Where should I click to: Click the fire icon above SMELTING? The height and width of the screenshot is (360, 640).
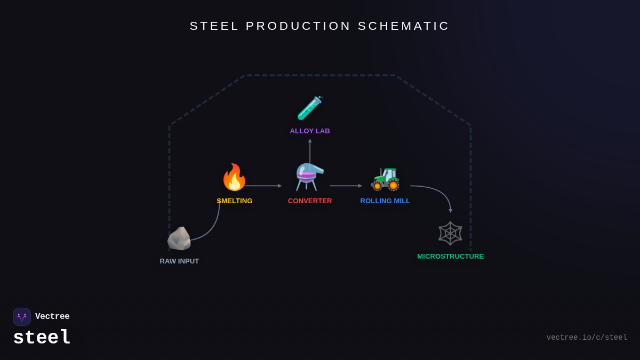click(x=234, y=178)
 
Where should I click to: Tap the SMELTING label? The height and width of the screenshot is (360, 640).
click(x=235, y=201)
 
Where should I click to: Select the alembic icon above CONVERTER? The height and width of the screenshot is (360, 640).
click(x=310, y=177)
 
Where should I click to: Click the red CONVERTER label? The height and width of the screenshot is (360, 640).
click(x=310, y=201)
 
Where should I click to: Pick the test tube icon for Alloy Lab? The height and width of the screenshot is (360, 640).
click(x=310, y=108)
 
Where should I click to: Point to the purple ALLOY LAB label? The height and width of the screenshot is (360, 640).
click(x=310, y=131)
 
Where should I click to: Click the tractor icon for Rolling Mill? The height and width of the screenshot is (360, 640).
click(x=385, y=178)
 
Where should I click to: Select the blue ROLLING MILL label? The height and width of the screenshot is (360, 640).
click(x=385, y=201)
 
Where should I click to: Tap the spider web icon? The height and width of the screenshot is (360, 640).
click(x=450, y=233)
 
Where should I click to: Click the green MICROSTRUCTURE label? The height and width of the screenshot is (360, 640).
click(x=450, y=257)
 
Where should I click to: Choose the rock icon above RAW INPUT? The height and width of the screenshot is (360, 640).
click(x=179, y=238)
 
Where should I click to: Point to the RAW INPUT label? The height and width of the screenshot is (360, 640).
click(x=179, y=261)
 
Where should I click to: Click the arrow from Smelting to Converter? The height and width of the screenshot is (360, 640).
click(x=263, y=186)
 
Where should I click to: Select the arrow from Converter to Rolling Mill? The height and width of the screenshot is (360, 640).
click(x=346, y=186)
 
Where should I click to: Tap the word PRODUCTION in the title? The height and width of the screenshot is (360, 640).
click(x=299, y=26)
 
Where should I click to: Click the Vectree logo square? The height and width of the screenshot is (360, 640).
click(x=22, y=317)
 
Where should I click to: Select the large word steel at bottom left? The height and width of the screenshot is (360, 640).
click(x=42, y=338)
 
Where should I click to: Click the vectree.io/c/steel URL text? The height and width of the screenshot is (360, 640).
click(x=587, y=338)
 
